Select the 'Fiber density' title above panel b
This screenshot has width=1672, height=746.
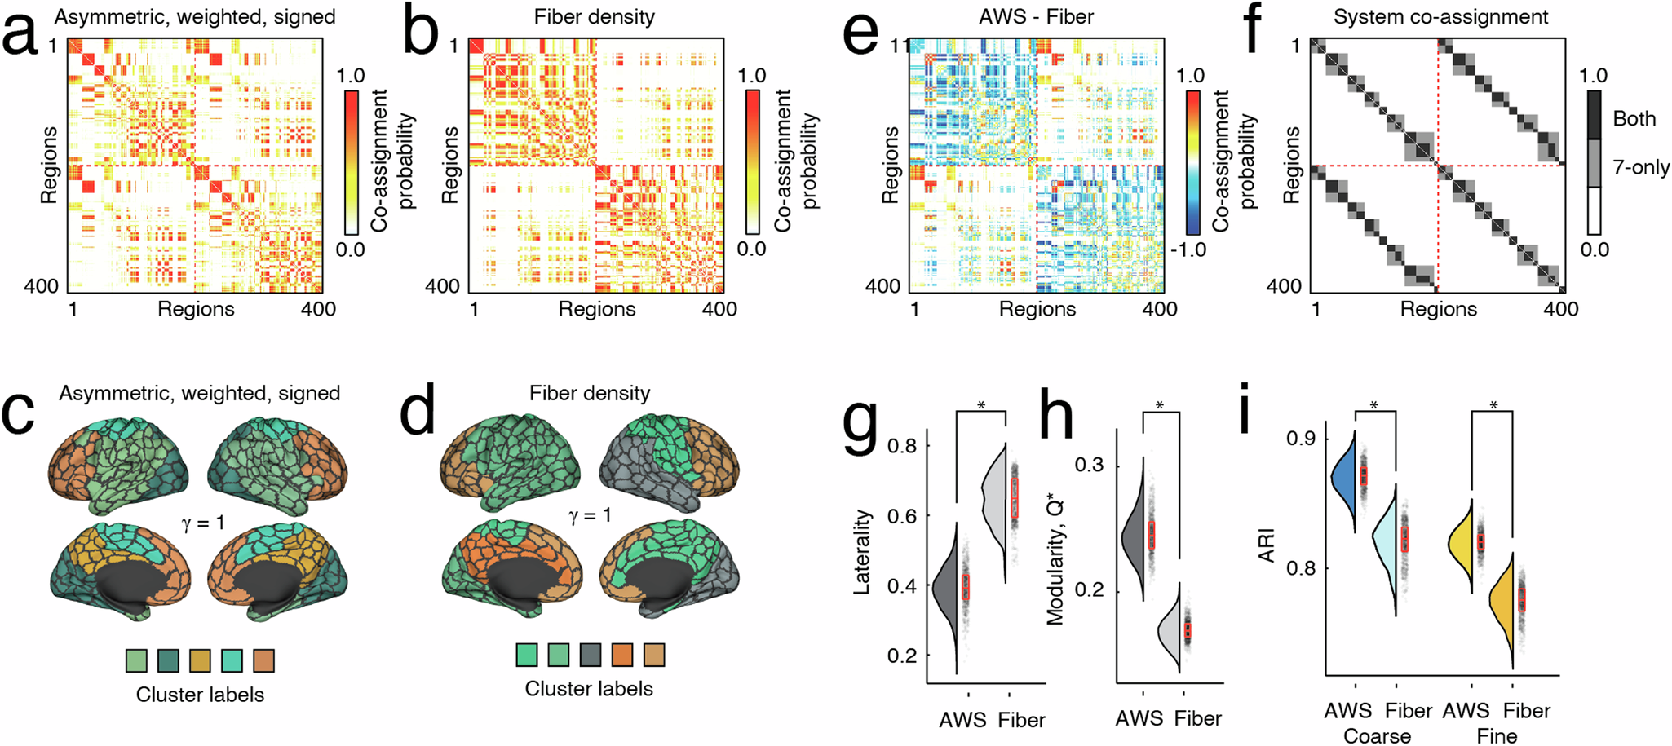pos(595,17)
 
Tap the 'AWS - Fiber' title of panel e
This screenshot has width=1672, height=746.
pos(1037,17)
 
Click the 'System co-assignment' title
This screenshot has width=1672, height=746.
pos(1440,17)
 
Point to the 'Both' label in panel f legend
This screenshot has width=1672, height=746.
pos(1634,119)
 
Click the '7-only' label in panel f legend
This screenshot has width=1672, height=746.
pos(1641,168)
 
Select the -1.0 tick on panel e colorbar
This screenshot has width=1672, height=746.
pos(1188,249)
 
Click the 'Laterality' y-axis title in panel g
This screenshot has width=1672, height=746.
pos(863,551)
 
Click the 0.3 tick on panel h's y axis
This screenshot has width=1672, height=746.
pos(1087,466)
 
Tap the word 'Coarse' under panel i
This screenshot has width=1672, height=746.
pos(1377,735)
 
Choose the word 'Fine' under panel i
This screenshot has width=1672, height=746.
pos(1497,735)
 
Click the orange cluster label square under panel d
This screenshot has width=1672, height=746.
pos(621,655)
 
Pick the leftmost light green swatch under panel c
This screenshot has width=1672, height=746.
pos(137,660)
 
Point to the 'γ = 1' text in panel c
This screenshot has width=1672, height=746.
pos(202,523)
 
